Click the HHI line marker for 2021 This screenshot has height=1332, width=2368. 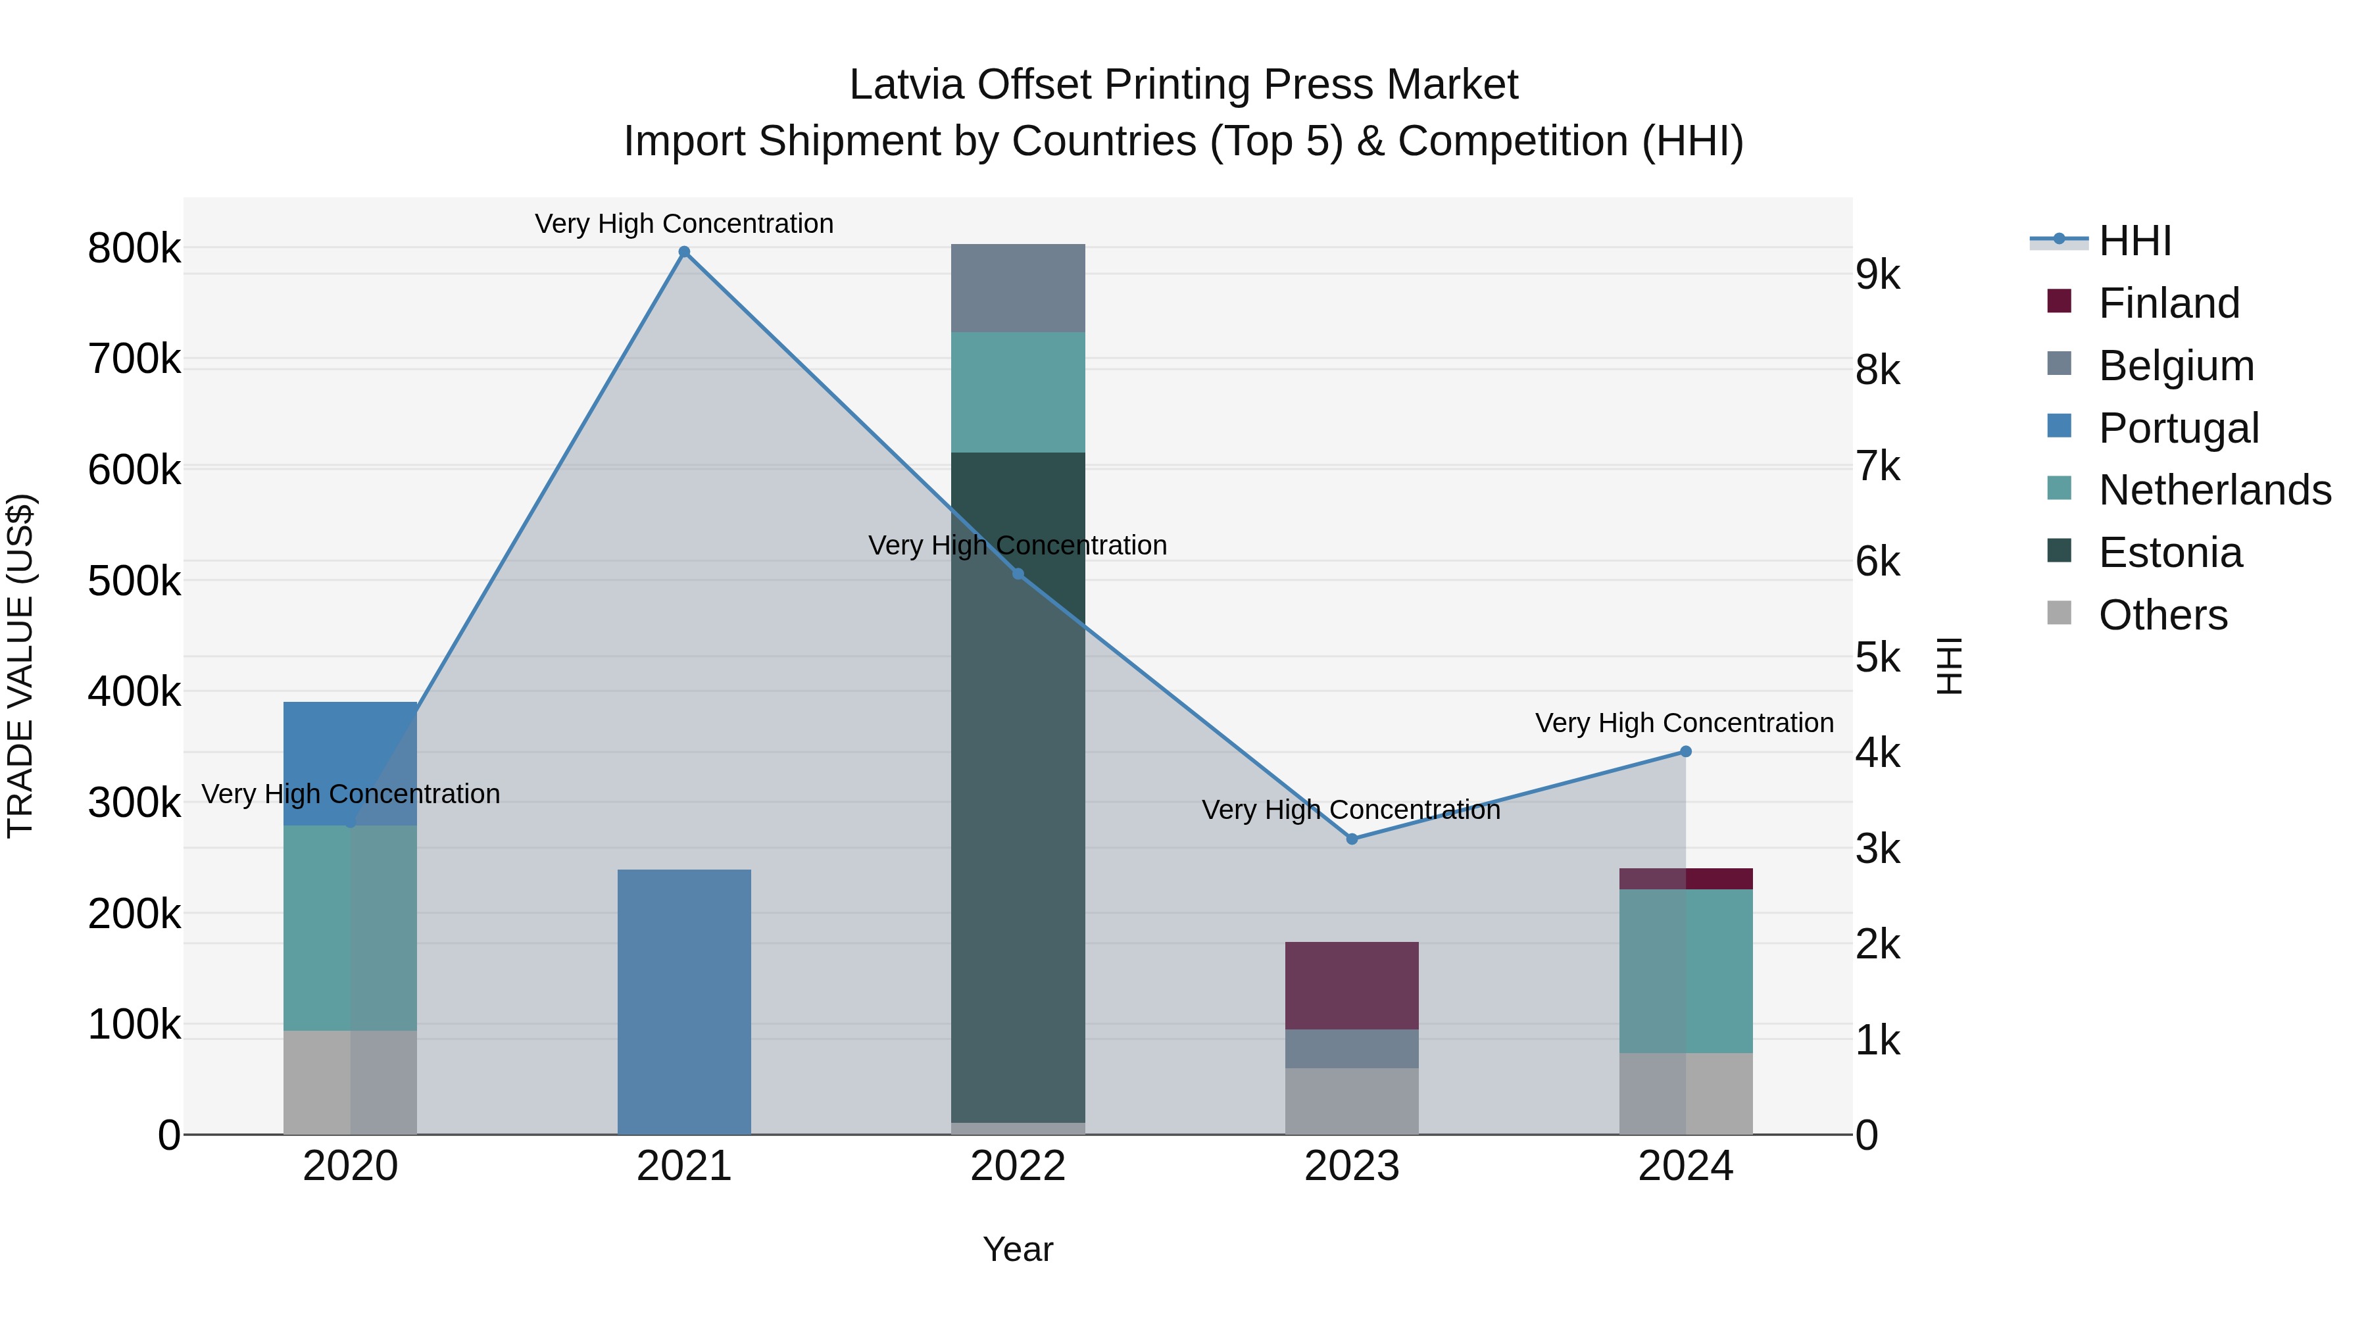[x=684, y=252]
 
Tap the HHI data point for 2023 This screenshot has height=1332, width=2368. [x=1351, y=839]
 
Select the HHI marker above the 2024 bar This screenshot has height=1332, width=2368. [x=1685, y=751]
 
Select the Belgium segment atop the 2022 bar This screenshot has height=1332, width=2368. [x=1018, y=287]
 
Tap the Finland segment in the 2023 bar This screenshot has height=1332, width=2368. [x=1351, y=985]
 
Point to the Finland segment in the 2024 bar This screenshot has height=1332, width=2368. [x=1685, y=878]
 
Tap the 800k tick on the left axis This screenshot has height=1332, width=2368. [x=134, y=248]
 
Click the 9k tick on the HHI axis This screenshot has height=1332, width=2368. [x=1877, y=275]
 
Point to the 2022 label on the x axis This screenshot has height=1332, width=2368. [x=1018, y=1166]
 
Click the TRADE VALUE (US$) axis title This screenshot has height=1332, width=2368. [x=20, y=666]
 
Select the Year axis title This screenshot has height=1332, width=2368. [x=1018, y=1249]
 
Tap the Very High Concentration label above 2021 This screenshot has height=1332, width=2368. [x=684, y=224]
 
